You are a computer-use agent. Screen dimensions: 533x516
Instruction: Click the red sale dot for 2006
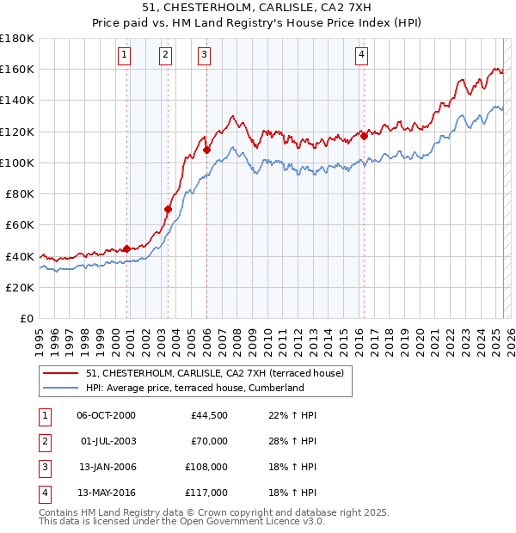[207, 150]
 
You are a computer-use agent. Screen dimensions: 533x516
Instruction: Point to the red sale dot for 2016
[364, 135]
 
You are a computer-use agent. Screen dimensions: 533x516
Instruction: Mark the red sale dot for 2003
[169, 209]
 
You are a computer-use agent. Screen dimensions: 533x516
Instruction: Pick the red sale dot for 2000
[127, 248]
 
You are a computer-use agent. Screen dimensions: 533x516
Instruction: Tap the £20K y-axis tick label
[20, 287]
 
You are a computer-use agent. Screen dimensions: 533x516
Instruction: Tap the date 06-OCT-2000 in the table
[106, 415]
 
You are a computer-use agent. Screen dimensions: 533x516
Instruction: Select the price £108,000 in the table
[207, 469]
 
